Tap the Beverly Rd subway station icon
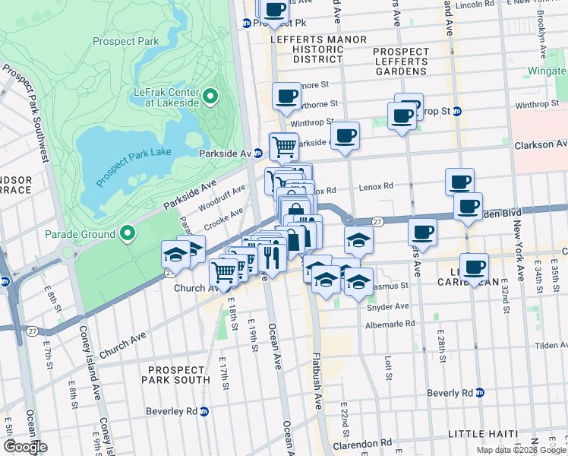(x=480, y=393)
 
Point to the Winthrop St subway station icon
(x=456, y=112)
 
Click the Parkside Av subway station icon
(x=258, y=153)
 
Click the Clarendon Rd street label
(x=365, y=442)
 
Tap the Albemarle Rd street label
(x=390, y=323)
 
